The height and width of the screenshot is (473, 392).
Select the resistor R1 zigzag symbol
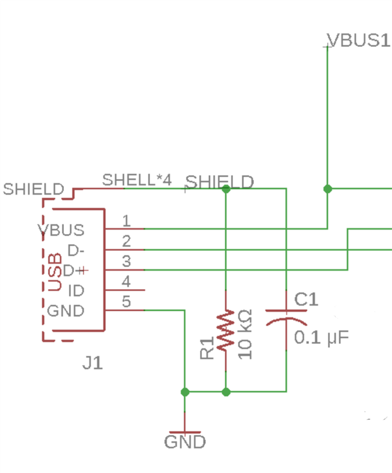click(226, 331)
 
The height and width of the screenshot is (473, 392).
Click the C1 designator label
click(306, 299)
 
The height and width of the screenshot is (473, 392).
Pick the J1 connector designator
click(92, 364)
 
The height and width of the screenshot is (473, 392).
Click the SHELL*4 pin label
click(137, 180)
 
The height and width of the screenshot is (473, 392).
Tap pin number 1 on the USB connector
click(127, 221)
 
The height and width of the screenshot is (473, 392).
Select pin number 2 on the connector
click(127, 241)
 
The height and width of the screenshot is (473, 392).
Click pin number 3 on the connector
click(127, 261)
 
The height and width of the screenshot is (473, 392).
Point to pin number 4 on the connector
click(127, 281)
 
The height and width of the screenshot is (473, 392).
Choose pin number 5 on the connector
click(127, 302)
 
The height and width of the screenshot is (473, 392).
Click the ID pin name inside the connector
click(76, 290)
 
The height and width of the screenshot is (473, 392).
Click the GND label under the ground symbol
click(185, 441)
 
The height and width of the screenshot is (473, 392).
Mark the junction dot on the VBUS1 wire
click(327, 188)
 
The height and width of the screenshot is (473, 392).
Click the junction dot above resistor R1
click(226, 188)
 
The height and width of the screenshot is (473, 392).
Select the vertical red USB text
click(55, 271)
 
